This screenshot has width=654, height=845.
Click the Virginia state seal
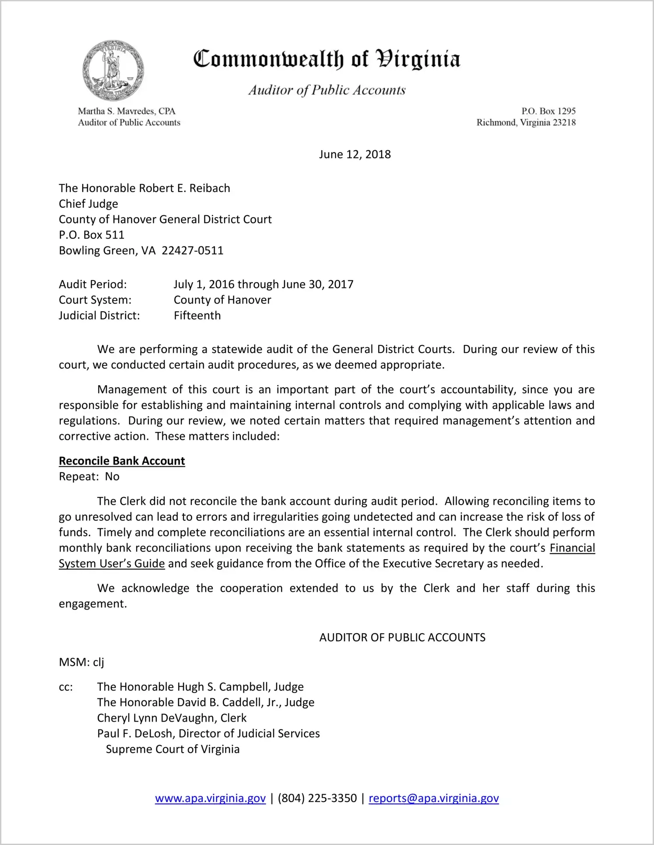[x=113, y=70]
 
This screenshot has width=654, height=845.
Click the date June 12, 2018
[x=355, y=154]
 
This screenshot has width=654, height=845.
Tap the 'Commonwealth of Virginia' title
[x=327, y=60]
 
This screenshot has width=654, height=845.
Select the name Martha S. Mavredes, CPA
[x=127, y=111]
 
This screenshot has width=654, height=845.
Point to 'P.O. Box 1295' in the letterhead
[x=548, y=111]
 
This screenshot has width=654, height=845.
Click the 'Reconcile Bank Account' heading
[x=122, y=461]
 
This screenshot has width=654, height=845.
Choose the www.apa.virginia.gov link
[x=210, y=798]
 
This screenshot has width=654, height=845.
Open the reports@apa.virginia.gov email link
[x=433, y=798]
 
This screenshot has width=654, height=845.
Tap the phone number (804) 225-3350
[x=317, y=798]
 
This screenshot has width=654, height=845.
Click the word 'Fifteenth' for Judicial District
[x=197, y=316]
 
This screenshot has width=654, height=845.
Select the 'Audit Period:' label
[x=93, y=284]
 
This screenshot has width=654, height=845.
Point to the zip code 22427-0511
[x=193, y=251]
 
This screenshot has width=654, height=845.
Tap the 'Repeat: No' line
[x=89, y=477]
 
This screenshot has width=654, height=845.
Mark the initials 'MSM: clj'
[x=81, y=662]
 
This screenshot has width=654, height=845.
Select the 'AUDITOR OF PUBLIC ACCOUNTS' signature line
[x=402, y=638]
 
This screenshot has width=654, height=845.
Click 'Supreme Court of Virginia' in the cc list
[x=172, y=749]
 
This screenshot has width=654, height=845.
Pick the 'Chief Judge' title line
[x=88, y=204]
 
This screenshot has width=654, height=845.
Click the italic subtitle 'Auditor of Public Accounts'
[x=327, y=90]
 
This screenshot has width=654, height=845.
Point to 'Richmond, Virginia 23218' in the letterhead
[x=526, y=123]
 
